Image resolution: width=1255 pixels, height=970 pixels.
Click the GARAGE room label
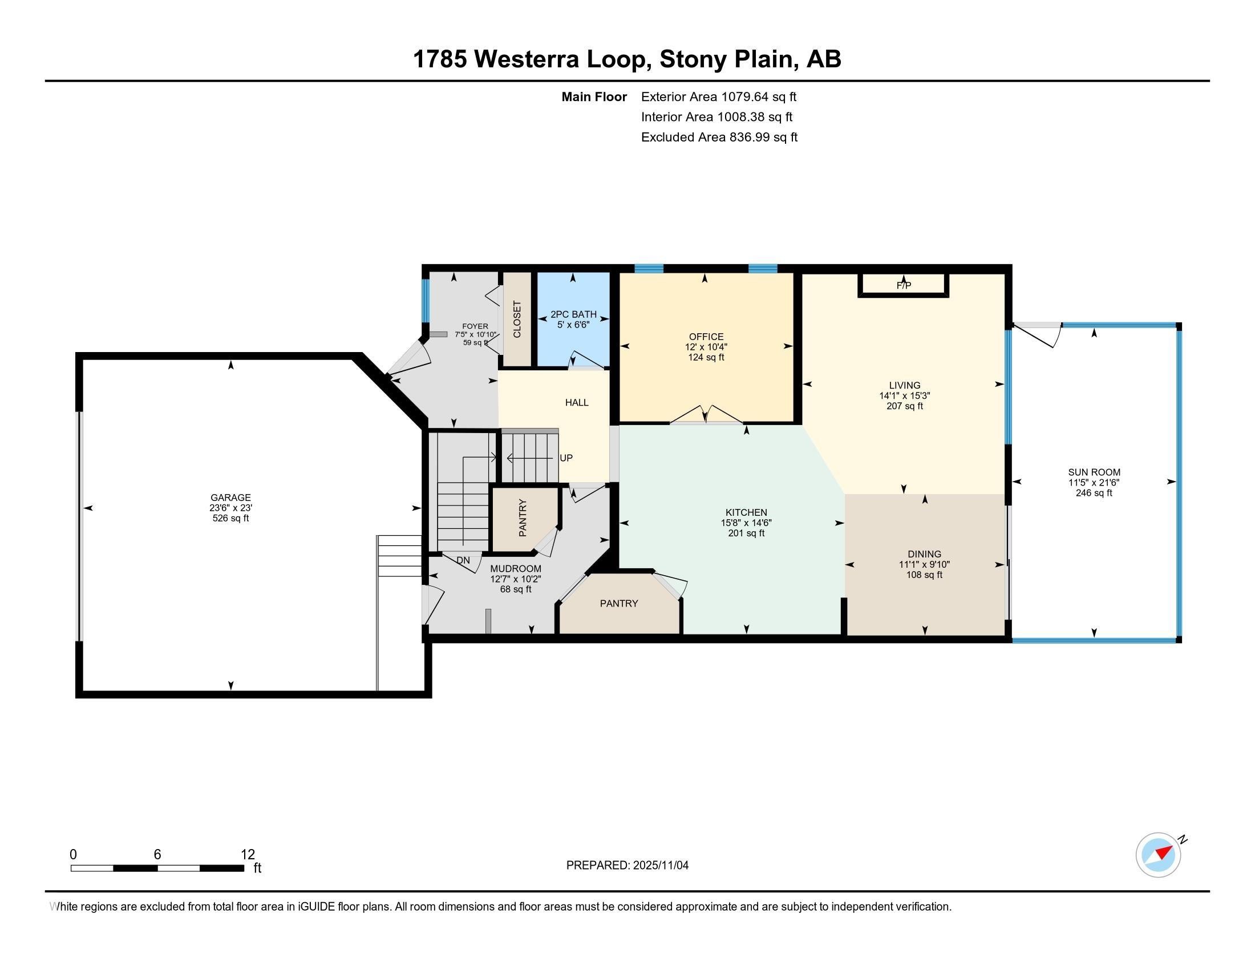coord(230,498)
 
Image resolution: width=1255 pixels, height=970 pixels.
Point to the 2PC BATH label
coord(573,314)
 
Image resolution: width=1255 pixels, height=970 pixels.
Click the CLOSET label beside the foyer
coord(517,320)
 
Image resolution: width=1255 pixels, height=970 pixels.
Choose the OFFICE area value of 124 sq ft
coord(706,357)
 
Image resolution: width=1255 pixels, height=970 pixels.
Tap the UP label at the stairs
coord(566,458)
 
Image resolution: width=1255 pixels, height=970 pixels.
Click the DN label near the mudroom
coord(463,560)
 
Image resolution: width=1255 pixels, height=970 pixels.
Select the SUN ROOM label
coord(1094,472)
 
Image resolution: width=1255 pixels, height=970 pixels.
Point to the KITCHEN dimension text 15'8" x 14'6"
coord(747,523)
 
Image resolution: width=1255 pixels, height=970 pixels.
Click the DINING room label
coord(925,555)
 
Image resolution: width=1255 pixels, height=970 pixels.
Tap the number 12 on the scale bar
coord(248,855)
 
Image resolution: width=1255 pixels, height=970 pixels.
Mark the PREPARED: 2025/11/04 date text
coord(627,866)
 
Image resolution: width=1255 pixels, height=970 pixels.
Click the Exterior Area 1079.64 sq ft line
coord(719,96)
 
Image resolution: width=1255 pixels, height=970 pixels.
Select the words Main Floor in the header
coord(594,96)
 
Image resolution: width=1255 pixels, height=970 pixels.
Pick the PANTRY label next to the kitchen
coord(619,603)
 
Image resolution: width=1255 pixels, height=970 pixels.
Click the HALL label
coord(577,402)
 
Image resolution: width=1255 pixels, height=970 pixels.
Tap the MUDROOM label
coord(516,569)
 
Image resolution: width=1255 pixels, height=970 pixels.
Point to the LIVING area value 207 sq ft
coord(905,406)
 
